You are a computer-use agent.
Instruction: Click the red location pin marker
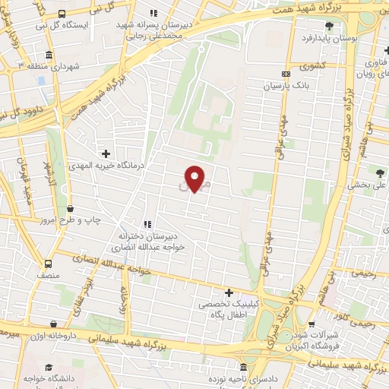[195, 179]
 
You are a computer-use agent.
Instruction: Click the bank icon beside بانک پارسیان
[286, 74]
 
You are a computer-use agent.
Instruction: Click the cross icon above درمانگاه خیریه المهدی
[106, 153]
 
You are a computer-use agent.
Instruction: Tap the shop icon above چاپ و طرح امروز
[70, 207]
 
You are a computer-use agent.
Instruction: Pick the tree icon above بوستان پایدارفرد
[349, 26]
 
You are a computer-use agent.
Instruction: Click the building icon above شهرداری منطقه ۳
[49, 55]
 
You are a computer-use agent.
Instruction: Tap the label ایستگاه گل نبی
[82, 26]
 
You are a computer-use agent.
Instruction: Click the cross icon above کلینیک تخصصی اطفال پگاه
[229, 293]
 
